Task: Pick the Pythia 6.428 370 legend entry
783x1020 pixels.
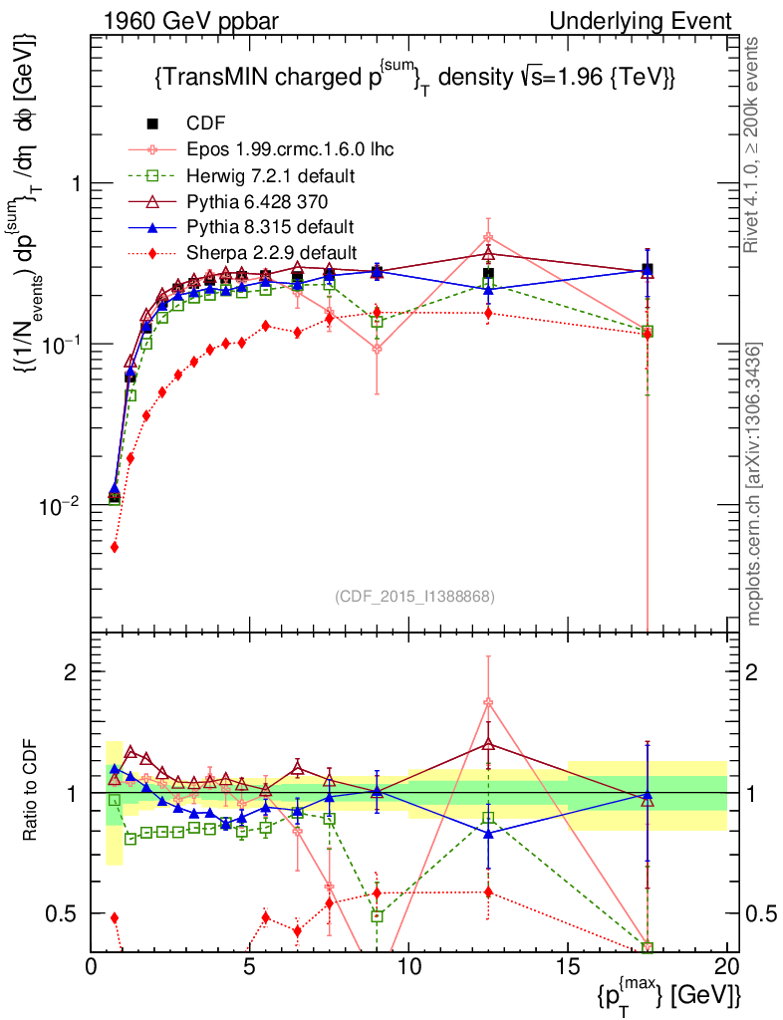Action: [258, 201]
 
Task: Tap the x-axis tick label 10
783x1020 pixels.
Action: [408, 965]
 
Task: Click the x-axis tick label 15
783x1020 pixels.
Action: [568, 965]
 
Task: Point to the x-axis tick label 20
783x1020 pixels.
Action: [726, 965]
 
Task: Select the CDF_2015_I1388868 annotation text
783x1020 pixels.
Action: [413, 596]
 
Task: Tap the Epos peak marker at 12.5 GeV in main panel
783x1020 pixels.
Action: [488, 238]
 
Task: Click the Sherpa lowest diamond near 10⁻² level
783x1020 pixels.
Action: [115, 547]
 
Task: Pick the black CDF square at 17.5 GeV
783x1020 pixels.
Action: [648, 269]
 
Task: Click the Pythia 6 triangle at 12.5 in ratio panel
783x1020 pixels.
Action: [488, 743]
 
